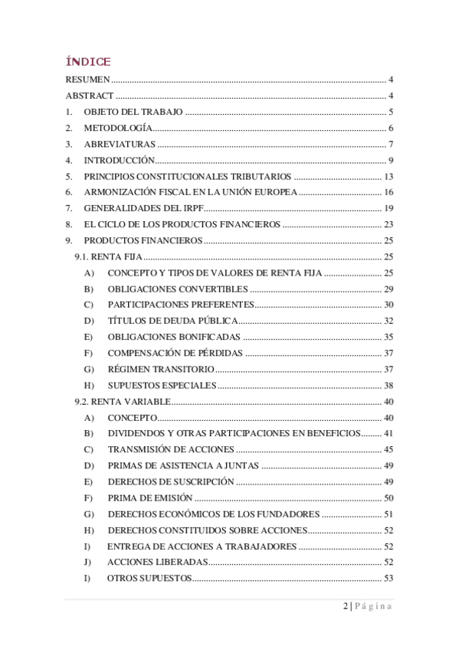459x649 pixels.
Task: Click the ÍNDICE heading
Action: click(x=88, y=61)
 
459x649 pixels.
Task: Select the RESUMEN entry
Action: click(x=88, y=80)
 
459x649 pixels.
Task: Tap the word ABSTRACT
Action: click(x=90, y=96)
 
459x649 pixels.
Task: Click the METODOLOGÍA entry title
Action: click(x=117, y=128)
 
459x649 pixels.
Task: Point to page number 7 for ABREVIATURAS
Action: click(x=390, y=144)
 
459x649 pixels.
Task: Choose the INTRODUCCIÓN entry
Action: click(x=120, y=160)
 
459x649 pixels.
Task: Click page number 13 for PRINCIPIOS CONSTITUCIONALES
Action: click(x=389, y=176)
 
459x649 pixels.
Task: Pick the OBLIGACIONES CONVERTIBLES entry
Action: click(x=178, y=289)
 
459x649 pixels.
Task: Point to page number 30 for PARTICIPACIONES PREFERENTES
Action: click(x=389, y=305)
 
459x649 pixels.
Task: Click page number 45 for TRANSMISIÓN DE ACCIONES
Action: click(x=389, y=449)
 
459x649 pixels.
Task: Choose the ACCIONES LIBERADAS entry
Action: click(x=157, y=562)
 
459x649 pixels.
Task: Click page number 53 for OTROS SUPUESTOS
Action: click(x=389, y=578)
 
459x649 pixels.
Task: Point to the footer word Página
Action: click(x=373, y=607)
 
